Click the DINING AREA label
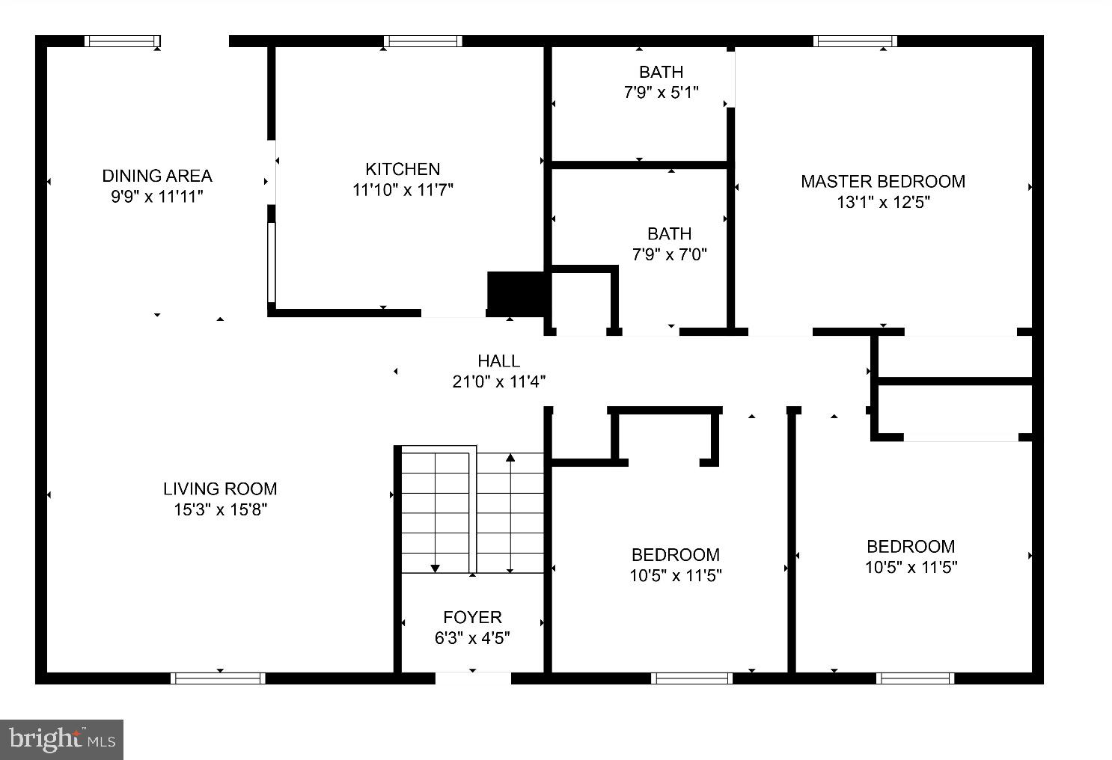[157, 176]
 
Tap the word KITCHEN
[403, 169]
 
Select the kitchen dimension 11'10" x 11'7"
[403, 190]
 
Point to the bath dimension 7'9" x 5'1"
[661, 93]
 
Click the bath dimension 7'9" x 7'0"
[669, 254]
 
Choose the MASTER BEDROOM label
[883, 181]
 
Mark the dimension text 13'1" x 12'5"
[883, 202]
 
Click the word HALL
[498, 361]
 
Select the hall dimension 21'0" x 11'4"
[498, 381]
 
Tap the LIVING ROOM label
[220, 489]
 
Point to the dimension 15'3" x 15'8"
[220, 510]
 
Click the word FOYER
[472, 617]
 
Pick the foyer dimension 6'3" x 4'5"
[472, 638]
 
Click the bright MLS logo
[61, 740]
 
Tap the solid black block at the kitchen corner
[516, 293]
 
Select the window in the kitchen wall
[423, 41]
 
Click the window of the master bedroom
[855, 41]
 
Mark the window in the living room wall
[218, 678]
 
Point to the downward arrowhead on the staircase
[436, 569]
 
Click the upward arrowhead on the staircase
[510, 457]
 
